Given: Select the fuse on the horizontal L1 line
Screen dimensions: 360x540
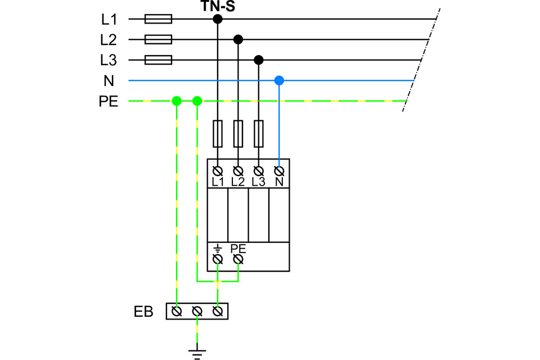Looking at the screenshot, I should pos(158,19).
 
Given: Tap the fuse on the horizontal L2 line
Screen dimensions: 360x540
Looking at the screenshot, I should pos(158,39).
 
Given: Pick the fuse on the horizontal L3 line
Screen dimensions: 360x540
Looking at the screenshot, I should pos(158,60).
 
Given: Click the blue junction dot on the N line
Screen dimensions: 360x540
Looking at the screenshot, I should pos(279,80).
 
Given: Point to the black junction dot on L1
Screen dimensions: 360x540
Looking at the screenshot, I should pos(218,19).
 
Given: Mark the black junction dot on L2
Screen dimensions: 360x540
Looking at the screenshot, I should pos(238,39).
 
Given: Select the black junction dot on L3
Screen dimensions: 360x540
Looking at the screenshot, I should pos(259,60).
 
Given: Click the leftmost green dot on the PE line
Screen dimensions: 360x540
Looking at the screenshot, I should pos(177,101).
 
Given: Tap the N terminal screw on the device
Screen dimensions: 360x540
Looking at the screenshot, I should pos(279,170).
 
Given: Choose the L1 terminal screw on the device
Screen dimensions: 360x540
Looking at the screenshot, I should pos(218,170).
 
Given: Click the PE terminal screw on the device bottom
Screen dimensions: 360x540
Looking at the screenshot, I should pos(238,259).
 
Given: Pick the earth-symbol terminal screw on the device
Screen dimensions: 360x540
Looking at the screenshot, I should pos(218,259).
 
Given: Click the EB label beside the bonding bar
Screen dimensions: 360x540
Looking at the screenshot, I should pos(143,311).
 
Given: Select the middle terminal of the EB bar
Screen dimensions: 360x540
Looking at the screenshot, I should pos(197,311).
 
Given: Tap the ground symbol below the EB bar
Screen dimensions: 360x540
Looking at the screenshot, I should pos(197,353).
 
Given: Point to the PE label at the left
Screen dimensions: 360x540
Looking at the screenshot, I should pos(109,102).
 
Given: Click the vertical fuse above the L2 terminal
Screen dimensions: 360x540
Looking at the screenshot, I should pos(238,134).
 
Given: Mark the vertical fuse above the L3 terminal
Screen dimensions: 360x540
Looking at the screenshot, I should pos(259,134).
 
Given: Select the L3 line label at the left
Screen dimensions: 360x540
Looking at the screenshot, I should pos(109,60).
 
